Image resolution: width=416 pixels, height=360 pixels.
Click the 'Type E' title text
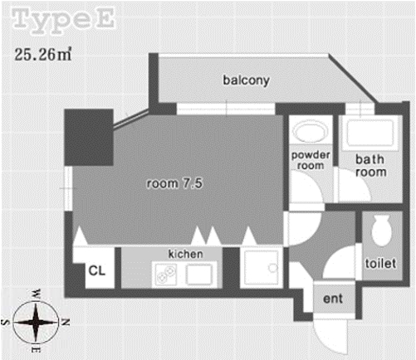pos(63,20)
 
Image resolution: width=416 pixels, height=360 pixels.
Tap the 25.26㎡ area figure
pos(43,54)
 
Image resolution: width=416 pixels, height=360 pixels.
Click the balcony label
pos(246,80)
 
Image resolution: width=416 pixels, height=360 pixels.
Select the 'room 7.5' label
pos(174,183)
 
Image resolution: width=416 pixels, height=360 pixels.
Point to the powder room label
pos(311,160)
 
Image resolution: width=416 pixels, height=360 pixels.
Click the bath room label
pos(371,166)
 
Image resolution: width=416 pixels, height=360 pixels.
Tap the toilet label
pos(380,263)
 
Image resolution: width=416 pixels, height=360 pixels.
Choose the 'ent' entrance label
pos(333,299)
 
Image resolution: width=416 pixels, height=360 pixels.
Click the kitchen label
pos(185,254)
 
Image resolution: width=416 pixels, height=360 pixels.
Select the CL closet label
pos(97,270)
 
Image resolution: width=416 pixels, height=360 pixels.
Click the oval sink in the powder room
pos(310,131)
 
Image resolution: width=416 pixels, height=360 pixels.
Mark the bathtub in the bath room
pos(370,134)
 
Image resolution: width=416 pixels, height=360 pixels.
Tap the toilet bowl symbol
pos(382,231)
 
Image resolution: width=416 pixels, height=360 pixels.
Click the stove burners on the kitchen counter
pos(165,274)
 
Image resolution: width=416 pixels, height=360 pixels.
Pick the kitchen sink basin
pos(198,275)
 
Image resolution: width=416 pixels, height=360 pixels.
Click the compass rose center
pos(36,322)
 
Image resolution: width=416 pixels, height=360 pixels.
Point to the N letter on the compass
pos(65,322)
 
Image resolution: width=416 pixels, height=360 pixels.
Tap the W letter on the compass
pos(37,294)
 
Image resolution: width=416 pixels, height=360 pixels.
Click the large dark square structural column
pos(89,137)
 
